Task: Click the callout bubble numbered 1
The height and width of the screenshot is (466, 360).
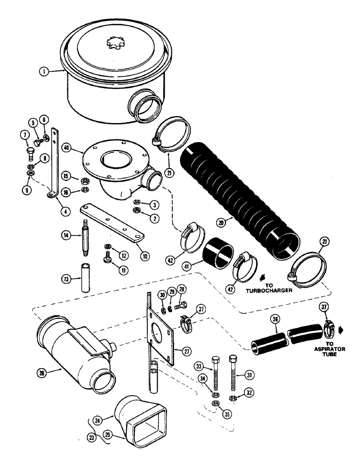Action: click(x=43, y=71)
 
